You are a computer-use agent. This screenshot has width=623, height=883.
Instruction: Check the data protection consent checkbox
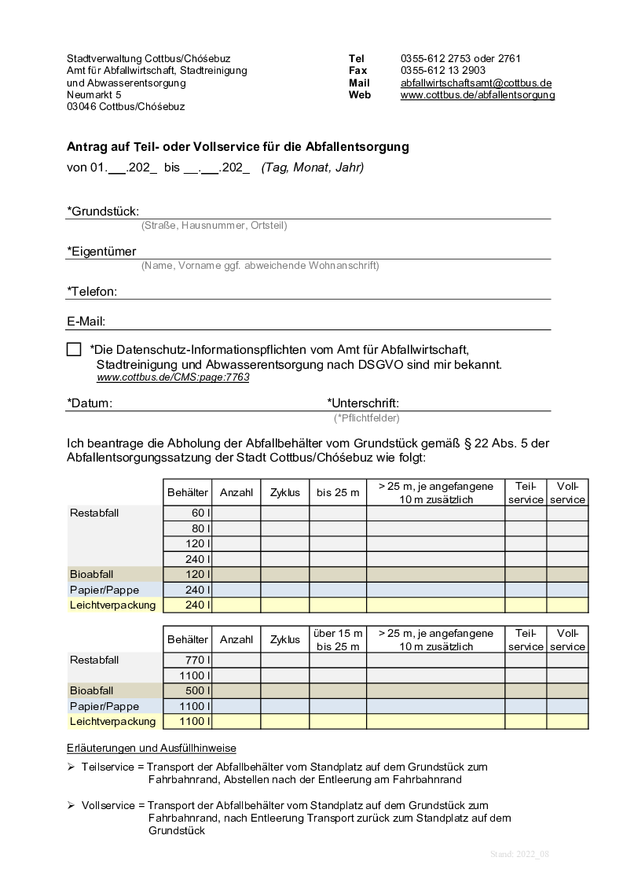74,350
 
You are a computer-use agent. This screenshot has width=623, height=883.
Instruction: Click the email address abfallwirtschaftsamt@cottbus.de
475,83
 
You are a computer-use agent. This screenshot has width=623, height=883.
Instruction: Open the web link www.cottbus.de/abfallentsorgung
477,95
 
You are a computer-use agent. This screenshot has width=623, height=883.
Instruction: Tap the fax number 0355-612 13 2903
442,71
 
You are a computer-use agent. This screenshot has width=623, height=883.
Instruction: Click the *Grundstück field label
103,211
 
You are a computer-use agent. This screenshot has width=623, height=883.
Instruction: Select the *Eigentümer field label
101,252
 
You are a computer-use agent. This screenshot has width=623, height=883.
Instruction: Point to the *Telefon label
92,292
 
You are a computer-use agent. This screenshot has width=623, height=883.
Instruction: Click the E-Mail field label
86,322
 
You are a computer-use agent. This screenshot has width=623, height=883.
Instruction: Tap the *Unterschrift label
363,403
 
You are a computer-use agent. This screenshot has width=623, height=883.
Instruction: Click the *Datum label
90,403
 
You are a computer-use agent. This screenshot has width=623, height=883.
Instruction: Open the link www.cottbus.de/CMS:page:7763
173,377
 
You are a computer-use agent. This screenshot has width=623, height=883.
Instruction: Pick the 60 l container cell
187,513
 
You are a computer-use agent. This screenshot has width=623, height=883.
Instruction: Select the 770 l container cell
187,660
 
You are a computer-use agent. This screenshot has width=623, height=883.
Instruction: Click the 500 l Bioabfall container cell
187,690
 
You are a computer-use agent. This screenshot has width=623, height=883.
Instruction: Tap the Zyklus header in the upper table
284,493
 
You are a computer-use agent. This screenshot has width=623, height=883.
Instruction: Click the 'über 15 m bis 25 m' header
338,639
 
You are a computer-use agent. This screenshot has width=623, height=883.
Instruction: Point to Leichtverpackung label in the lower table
113,721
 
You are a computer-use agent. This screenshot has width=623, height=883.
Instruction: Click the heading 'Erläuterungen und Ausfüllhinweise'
152,748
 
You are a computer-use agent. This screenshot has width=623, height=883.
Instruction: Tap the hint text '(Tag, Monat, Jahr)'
312,167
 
